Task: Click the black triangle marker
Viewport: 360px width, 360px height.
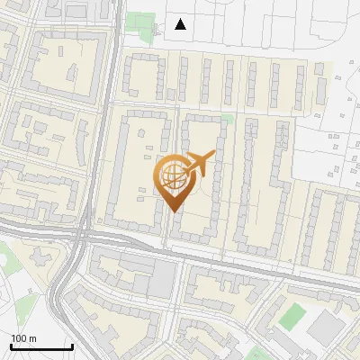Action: tap(181, 24)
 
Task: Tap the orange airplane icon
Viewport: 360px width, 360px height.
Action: tap(199, 163)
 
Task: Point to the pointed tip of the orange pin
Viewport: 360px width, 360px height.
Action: tap(173, 211)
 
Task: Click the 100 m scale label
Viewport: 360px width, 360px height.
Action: tap(24, 338)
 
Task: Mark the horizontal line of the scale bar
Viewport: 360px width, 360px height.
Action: tap(41, 346)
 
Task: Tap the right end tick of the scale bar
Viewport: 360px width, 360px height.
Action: tap(72, 345)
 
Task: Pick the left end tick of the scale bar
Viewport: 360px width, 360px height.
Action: tap(11, 345)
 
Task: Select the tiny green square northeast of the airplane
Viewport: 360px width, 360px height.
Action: tap(228, 118)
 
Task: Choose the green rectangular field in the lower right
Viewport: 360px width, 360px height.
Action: tap(292, 316)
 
